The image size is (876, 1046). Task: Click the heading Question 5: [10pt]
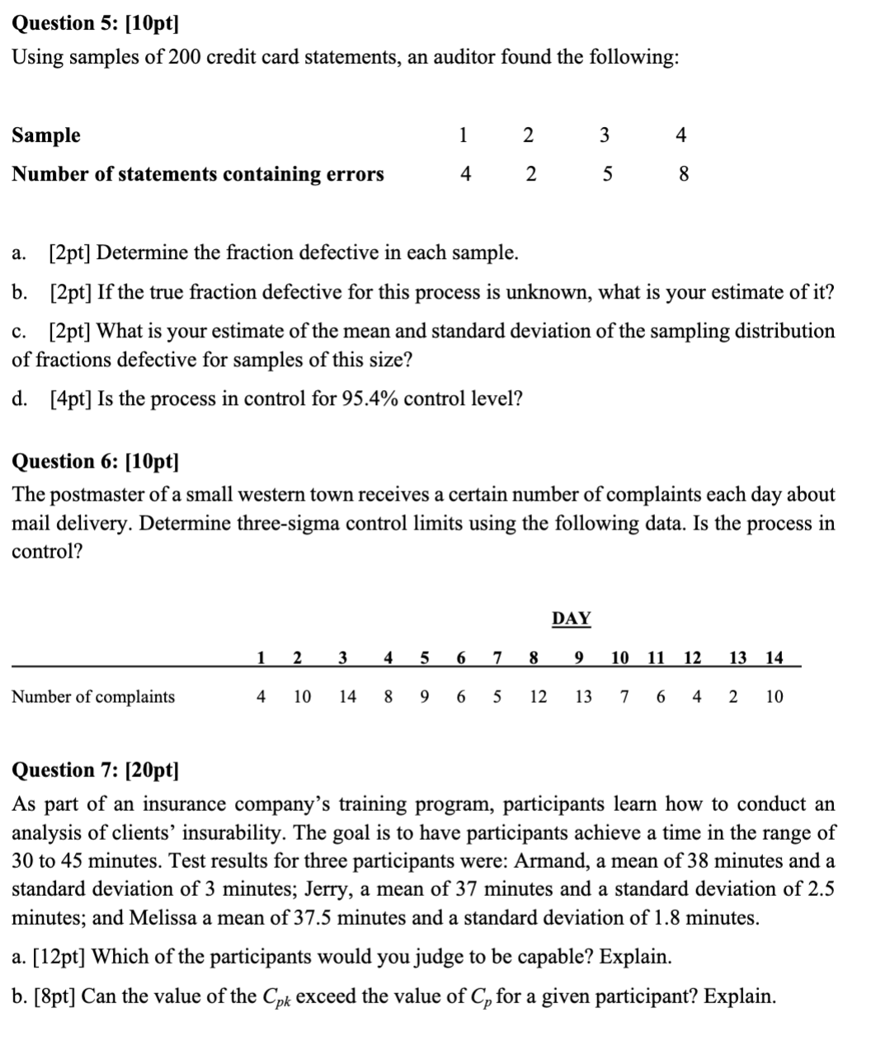(x=95, y=23)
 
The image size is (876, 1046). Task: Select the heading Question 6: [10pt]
(x=95, y=461)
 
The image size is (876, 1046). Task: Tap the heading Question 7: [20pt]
(x=95, y=770)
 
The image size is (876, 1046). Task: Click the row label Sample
(x=46, y=135)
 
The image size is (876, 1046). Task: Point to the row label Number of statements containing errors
(x=198, y=174)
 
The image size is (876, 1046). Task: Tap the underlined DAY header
(x=571, y=619)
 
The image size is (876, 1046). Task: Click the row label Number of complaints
(x=93, y=697)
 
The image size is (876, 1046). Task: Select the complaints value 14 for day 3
(x=348, y=697)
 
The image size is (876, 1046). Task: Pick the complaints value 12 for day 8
(x=538, y=697)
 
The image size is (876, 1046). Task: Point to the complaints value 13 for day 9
(x=583, y=697)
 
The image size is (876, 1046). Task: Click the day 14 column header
(x=774, y=658)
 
